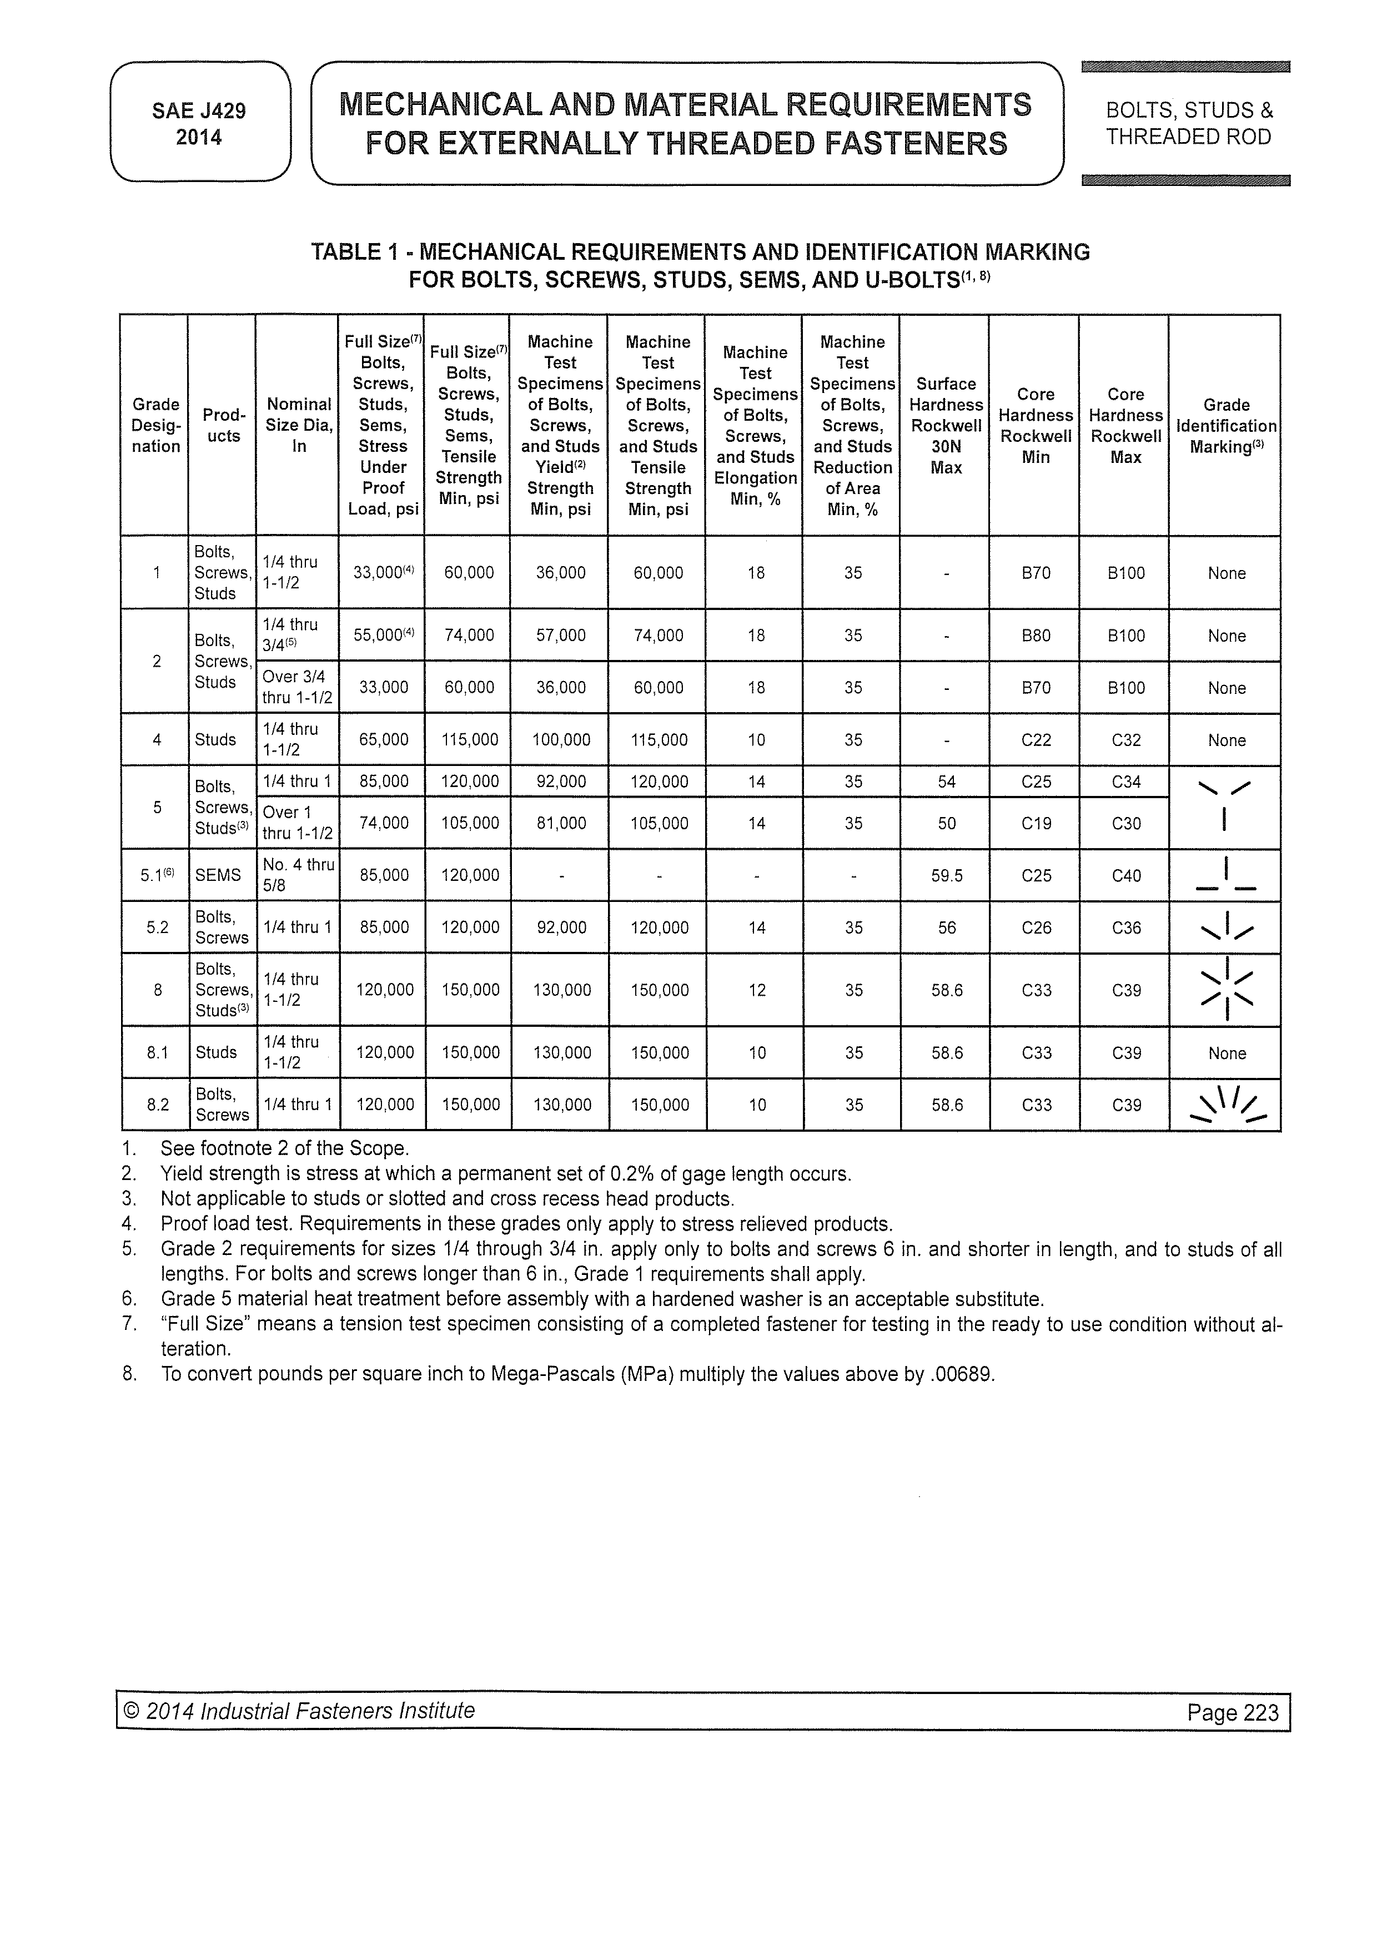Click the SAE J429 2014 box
[199, 123]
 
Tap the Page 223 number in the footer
[1232, 1712]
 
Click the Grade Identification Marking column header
[1226, 426]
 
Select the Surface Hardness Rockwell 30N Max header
[946, 426]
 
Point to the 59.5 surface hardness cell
[946, 875]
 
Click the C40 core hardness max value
[1126, 875]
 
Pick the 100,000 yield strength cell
[560, 740]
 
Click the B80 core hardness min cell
[1036, 636]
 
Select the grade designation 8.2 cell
[158, 1105]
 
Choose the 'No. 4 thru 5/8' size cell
[299, 875]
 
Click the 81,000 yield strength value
[560, 823]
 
